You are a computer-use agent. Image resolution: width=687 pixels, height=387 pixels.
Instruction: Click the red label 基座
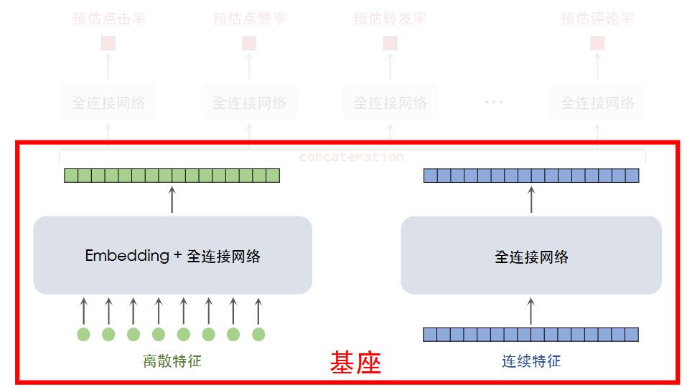point(355,363)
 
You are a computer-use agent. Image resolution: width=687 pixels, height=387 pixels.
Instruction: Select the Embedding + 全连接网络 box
point(172,255)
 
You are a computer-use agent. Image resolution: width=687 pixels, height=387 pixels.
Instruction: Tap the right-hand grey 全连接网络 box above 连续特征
point(531,255)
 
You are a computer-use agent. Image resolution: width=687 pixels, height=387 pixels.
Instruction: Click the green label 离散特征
point(172,361)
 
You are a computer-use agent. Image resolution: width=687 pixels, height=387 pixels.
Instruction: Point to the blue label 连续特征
point(531,361)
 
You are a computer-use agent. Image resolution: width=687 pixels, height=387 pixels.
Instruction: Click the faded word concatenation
point(351,156)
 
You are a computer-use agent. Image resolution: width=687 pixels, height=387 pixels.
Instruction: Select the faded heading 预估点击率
point(109,19)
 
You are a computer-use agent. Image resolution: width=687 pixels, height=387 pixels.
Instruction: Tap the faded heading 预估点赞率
point(250,19)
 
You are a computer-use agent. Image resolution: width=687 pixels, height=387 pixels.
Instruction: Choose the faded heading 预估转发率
point(390,19)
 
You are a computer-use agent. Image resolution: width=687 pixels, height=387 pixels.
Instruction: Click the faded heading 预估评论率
point(597,19)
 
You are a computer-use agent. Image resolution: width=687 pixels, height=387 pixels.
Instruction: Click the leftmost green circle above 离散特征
point(83,334)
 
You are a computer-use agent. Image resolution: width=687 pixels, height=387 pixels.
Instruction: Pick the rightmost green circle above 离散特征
point(258,334)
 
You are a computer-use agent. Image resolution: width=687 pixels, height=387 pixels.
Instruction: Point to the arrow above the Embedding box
point(172,199)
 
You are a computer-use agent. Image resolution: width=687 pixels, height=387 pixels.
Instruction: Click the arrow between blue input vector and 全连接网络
point(531,311)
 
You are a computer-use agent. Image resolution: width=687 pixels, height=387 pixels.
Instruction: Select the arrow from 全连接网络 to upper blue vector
point(531,199)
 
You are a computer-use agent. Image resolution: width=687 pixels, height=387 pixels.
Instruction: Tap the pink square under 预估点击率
point(108,43)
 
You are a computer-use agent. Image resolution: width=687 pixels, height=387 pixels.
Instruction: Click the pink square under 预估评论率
point(597,43)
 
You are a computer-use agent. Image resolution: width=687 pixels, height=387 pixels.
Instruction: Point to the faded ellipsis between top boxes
point(494,102)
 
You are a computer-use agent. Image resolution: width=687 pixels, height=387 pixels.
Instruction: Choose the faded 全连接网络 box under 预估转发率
point(390,102)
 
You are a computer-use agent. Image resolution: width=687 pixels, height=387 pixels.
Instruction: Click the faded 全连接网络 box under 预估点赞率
point(250,102)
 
